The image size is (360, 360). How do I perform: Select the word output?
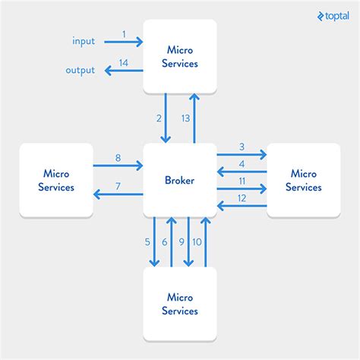coord(80,71)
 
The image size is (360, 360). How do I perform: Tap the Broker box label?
coord(179,181)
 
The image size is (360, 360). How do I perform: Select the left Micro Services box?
coord(56,181)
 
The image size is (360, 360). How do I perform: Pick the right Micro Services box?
coord(303,181)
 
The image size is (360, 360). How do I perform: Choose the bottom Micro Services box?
coord(179,305)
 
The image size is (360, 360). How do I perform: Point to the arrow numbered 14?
coord(124,71)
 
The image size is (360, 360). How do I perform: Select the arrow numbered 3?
coord(242,155)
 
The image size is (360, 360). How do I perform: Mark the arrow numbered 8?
coord(118,164)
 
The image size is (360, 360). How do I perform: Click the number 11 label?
coord(242,182)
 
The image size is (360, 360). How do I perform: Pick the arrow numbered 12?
coord(242,205)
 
